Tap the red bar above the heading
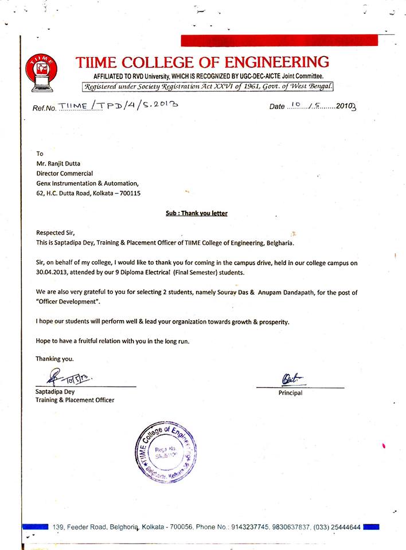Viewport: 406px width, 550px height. (x=279, y=40)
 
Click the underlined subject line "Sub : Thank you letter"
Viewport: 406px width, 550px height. (x=196, y=213)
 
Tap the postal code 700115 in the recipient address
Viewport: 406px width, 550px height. (x=129, y=193)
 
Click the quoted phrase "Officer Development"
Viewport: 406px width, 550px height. (x=68, y=301)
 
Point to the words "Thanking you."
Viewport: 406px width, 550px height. (x=54, y=359)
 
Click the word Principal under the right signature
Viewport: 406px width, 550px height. (x=290, y=393)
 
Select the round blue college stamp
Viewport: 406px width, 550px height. (x=164, y=453)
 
